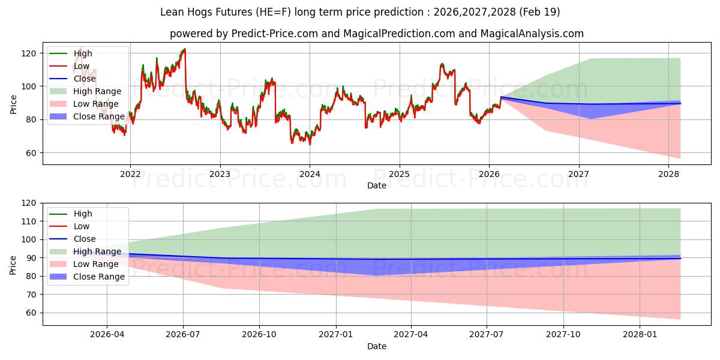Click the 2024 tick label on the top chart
pos(310,174)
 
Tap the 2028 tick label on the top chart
pos(668,174)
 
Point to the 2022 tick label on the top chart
pos(130,174)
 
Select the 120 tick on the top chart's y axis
pos(29,53)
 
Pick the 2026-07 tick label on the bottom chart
pos(183,334)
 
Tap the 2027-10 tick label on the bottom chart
pos(564,334)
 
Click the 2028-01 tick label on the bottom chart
pos(640,334)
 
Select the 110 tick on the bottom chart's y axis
pos(29,221)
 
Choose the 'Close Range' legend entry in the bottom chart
pos(99,277)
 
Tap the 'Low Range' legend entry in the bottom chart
pos(96,264)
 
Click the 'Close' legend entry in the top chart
pos(85,79)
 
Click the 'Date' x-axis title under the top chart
pos(376,185)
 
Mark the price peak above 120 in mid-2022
pos(184,49)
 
